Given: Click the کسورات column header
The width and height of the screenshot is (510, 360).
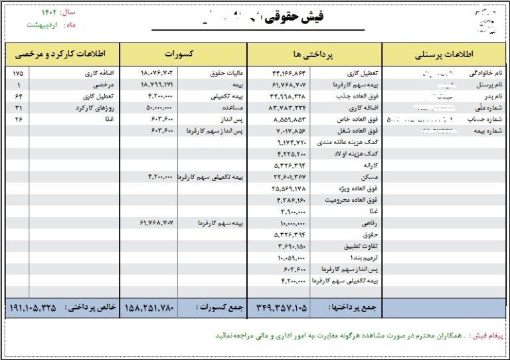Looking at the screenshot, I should click(183, 53).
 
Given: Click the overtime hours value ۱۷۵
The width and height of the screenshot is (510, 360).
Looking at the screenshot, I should click(17, 72).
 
